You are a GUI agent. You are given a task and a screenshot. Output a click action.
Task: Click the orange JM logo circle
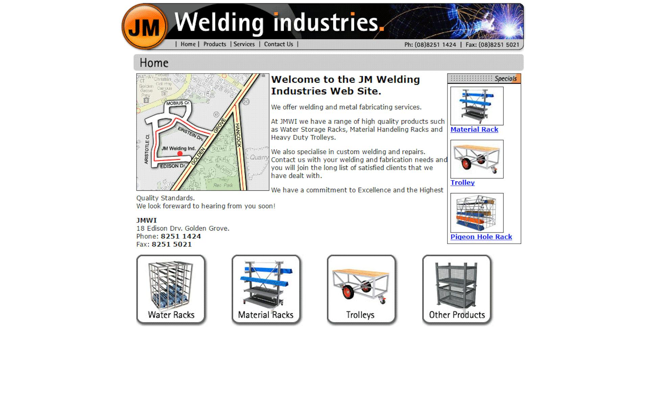[x=144, y=27]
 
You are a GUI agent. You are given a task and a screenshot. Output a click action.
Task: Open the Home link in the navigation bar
[x=188, y=44]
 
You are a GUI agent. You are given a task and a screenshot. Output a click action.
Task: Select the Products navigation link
[x=215, y=44]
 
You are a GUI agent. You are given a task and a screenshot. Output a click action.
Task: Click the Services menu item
[x=244, y=44]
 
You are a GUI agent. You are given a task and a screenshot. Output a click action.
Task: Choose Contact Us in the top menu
[x=279, y=44]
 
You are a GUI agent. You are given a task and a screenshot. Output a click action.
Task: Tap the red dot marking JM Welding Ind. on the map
[x=180, y=154]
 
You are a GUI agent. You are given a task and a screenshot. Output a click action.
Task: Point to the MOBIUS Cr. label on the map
[x=178, y=103]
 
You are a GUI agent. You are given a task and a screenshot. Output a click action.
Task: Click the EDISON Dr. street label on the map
[x=173, y=166]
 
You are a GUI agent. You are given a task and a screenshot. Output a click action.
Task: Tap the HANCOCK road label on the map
[x=238, y=135]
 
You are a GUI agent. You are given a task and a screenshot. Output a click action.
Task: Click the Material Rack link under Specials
[x=474, y=130]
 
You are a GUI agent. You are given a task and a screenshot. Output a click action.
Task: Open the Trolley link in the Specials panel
[x=462, y=183]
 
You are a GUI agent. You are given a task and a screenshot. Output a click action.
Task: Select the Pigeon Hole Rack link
[x=481, y=237]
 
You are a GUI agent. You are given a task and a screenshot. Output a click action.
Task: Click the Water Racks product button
[x=171, y=290]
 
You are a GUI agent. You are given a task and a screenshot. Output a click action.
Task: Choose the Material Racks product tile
[x=266, y=290]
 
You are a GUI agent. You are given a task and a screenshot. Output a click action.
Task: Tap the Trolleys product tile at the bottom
[x=361, y=290]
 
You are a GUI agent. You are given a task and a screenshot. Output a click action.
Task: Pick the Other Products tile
[x=457, y=290]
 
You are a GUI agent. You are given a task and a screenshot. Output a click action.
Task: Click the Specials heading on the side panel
[x=505, y=79]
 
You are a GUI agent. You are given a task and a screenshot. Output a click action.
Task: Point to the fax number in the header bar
[x=492, y=45]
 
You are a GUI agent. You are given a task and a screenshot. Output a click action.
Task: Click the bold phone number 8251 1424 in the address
[x=181, y=236]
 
